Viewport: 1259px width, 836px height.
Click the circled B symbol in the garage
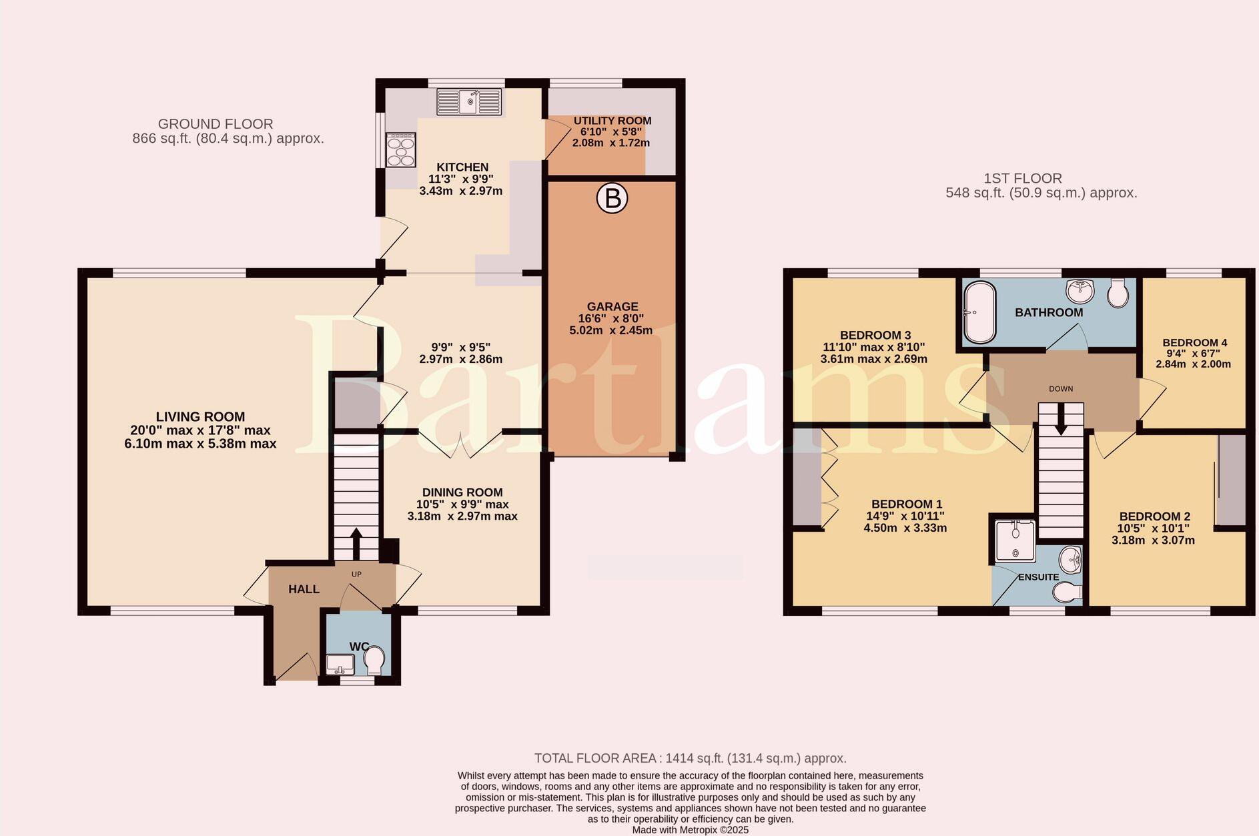click(x=612, y=198)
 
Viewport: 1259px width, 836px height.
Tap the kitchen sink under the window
click(x=468, y=103)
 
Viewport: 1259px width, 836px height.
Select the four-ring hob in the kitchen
click(x=401, y=150)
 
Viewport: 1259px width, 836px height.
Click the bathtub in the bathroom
click(x=979, y=312)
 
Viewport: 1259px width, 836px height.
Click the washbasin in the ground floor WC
click(x=340, y=664)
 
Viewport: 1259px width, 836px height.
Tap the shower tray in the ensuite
click(x=1014, y=540)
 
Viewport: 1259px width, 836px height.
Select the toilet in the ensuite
click(x=1067, y=591)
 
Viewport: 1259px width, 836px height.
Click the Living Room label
click(x=200, y=417)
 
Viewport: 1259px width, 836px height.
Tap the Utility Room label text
click(x=612, y=121)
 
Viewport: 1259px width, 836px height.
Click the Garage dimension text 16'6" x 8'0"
click(x=611, y=319)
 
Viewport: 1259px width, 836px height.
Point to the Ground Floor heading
click(x=216, y=124)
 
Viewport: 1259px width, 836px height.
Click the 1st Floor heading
click(x=1022, y=178)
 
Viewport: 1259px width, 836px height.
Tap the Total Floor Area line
click(x=690, y=758)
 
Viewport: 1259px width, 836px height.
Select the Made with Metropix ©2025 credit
click(x=690, y=830)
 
